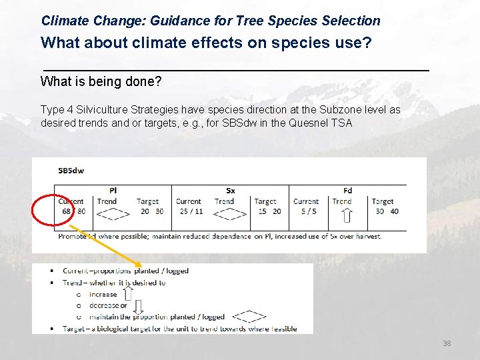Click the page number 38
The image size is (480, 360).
pyautogui.click(x=447, y=343)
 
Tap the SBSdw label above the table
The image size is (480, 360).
pyautogui.click(x=71, y=170)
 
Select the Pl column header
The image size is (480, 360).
pyautogui.click(x=113, y=191)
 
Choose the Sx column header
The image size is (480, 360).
pyautogui.click(x=230, y=191)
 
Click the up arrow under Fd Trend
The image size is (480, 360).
pyautogui.click(x=347, y=215)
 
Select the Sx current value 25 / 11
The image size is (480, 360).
pyautogui.click(x=191, y=211)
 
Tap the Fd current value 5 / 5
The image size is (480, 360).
pyautogui.click(x=308, y=211)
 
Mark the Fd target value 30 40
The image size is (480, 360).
pyautogui.click(x=387, y=211)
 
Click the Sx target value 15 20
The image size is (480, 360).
pyautogui.click(x=269, y=211)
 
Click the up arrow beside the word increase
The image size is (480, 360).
pyautogui.click(x=128, y=292)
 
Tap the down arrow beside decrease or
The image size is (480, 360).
pyautogui.click(x=138, y=306)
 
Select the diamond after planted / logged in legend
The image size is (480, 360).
pyautogui.click(x=249, y=317)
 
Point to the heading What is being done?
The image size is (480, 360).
pyautogui.click(x=101, y=82)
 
